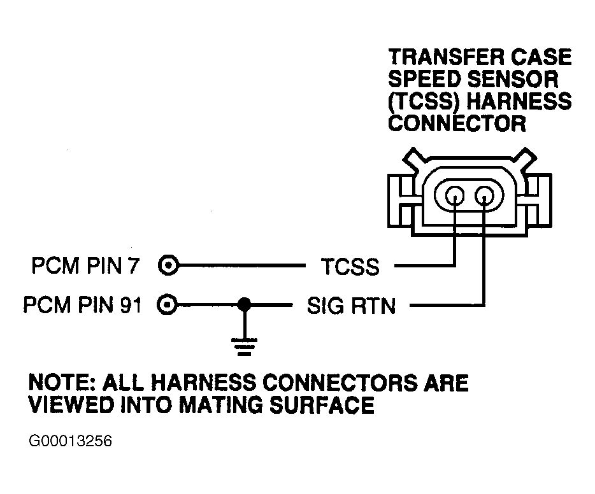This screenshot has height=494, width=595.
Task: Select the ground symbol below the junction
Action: coord(243,348)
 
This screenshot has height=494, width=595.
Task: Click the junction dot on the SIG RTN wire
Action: coord(243,305)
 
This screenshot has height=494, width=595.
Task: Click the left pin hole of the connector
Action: coord(455,194)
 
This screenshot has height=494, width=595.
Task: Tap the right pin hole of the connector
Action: coord(485,194)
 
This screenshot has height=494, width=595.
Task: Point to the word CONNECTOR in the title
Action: coord(457,123)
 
